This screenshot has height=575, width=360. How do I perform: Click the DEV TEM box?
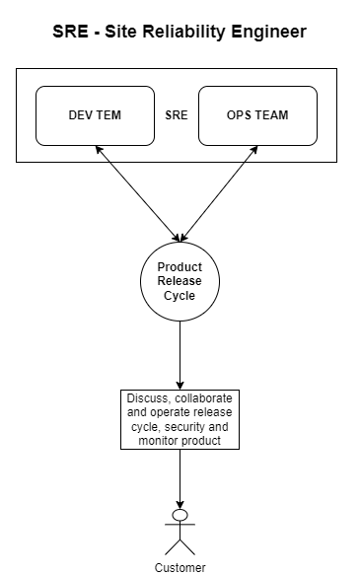pyautogui.click(x=95, y=115)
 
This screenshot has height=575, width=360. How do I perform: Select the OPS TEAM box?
pyautogui.click(x=257, y=115)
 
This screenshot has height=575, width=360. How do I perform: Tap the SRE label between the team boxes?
pyautogui.click(x=177, y=115)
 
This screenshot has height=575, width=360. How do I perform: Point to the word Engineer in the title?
pyautogui.click(x=268, y=33)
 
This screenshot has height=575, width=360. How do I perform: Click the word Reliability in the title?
pyautogui.click(x=184, y=33)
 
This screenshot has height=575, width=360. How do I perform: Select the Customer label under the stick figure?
pyautogui.click(x=180, y=567)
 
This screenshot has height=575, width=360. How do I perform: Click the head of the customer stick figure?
pyautogui.click(x=180, y=515)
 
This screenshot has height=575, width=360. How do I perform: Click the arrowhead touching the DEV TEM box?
pyautogui.click(x=98, y=149)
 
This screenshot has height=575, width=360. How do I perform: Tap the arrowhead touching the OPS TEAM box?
pyautogui.click(x=254, y=149)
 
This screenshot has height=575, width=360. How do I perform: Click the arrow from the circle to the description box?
pyautogui.click(x=180, y=355)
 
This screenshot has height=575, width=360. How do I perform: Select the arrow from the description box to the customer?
pyautogui.click(x=180, y=479)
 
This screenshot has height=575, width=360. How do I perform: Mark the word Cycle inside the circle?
pyautogui.click(x=180, y=296)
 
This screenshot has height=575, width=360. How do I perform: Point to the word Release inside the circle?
pyautogui.click(x=180, y=281)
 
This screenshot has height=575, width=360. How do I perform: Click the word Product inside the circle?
pyautogui.click(x=180, y=266)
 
